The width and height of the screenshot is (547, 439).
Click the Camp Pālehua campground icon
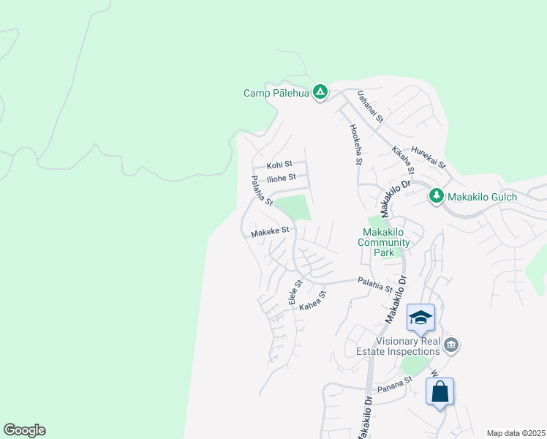tap(320, 92)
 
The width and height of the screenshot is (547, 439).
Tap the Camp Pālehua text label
tap(276, 93)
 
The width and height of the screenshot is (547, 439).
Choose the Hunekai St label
tap(429, 157)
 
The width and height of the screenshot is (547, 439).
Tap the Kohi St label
tap(279, 165)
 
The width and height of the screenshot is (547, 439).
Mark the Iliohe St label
tap(281, 178)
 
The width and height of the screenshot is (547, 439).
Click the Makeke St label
tap(270, 231)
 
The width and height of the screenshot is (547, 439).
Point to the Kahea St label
tap(312, 301)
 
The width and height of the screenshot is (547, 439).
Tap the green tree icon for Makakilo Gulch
tap(436, 195)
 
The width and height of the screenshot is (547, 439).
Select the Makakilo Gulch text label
tap(482, 196)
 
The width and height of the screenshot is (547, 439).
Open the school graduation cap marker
tap(420, 318)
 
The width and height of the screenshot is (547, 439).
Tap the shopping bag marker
tap(440, 391)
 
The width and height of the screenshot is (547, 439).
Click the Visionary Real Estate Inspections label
tap(408, 346)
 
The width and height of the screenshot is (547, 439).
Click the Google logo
tap(24, 429)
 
